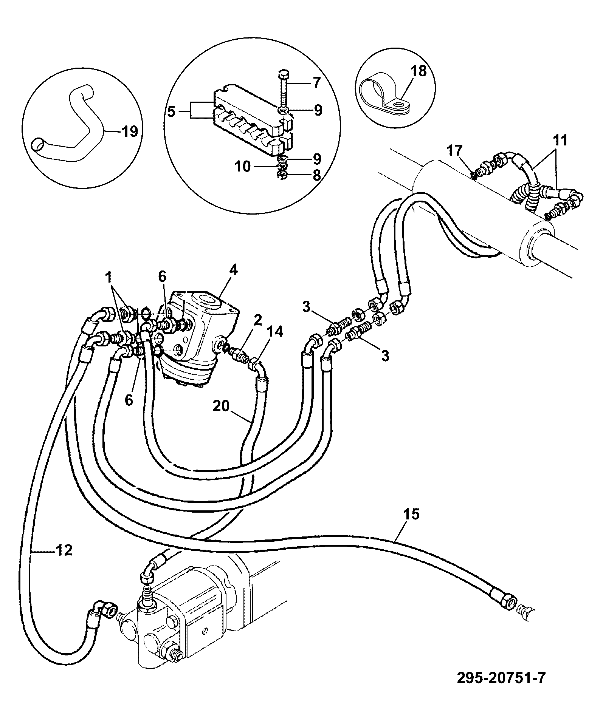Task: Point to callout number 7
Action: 316,82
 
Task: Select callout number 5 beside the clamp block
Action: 172,113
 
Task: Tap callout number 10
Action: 244,167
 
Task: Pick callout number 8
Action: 317,175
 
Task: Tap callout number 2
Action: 257,320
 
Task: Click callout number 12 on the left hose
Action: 65,550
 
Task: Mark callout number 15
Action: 412,514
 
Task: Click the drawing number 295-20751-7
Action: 501,678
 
